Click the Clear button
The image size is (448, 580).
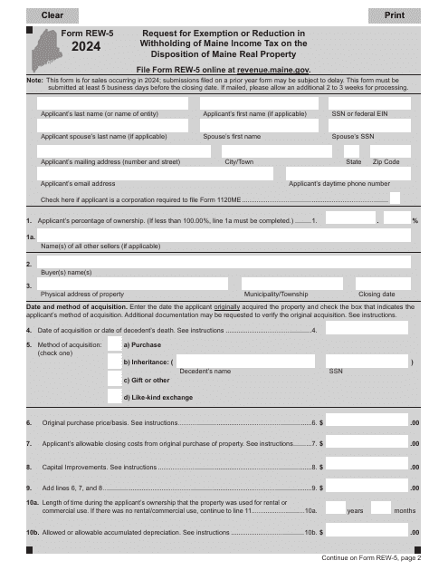(52, 15)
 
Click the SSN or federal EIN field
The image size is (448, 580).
(373, 102)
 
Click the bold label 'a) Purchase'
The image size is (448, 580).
(142, 345)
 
